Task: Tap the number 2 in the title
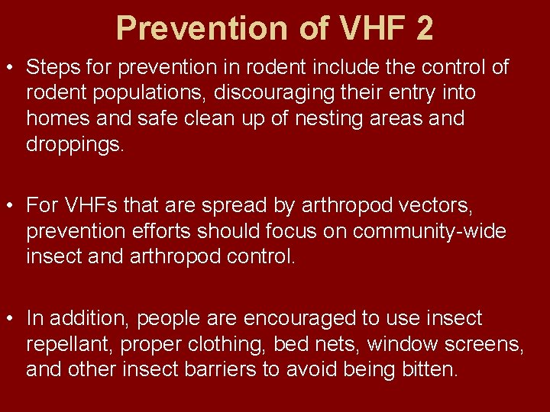pos(424,28)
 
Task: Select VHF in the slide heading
pos(359,28)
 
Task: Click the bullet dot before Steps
pos(14,67)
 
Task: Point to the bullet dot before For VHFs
pos(14,205)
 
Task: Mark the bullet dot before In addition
pos(14,318)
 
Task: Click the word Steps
pos(53,67)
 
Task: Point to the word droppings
pos(74,144)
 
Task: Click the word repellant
pos(70,344)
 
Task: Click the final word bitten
pos(429,370)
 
